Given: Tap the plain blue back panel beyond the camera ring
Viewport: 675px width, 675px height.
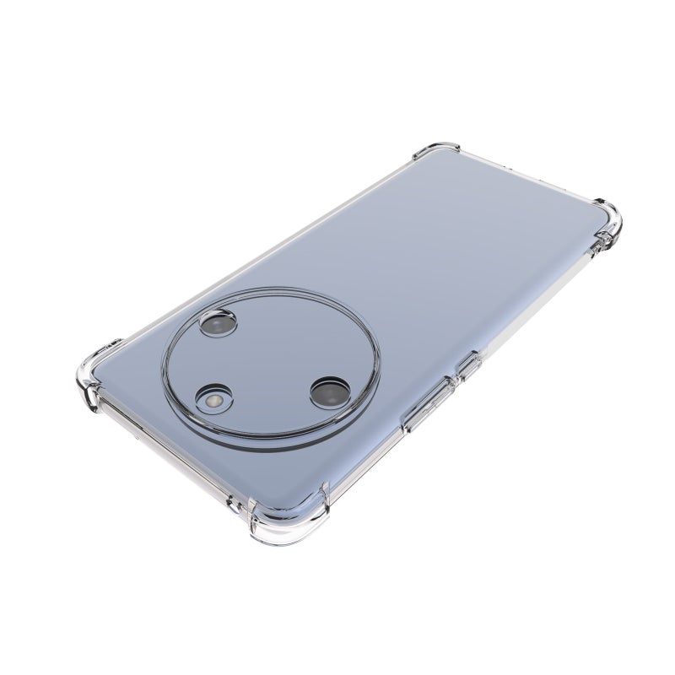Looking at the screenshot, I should click(x=472, y=253).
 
